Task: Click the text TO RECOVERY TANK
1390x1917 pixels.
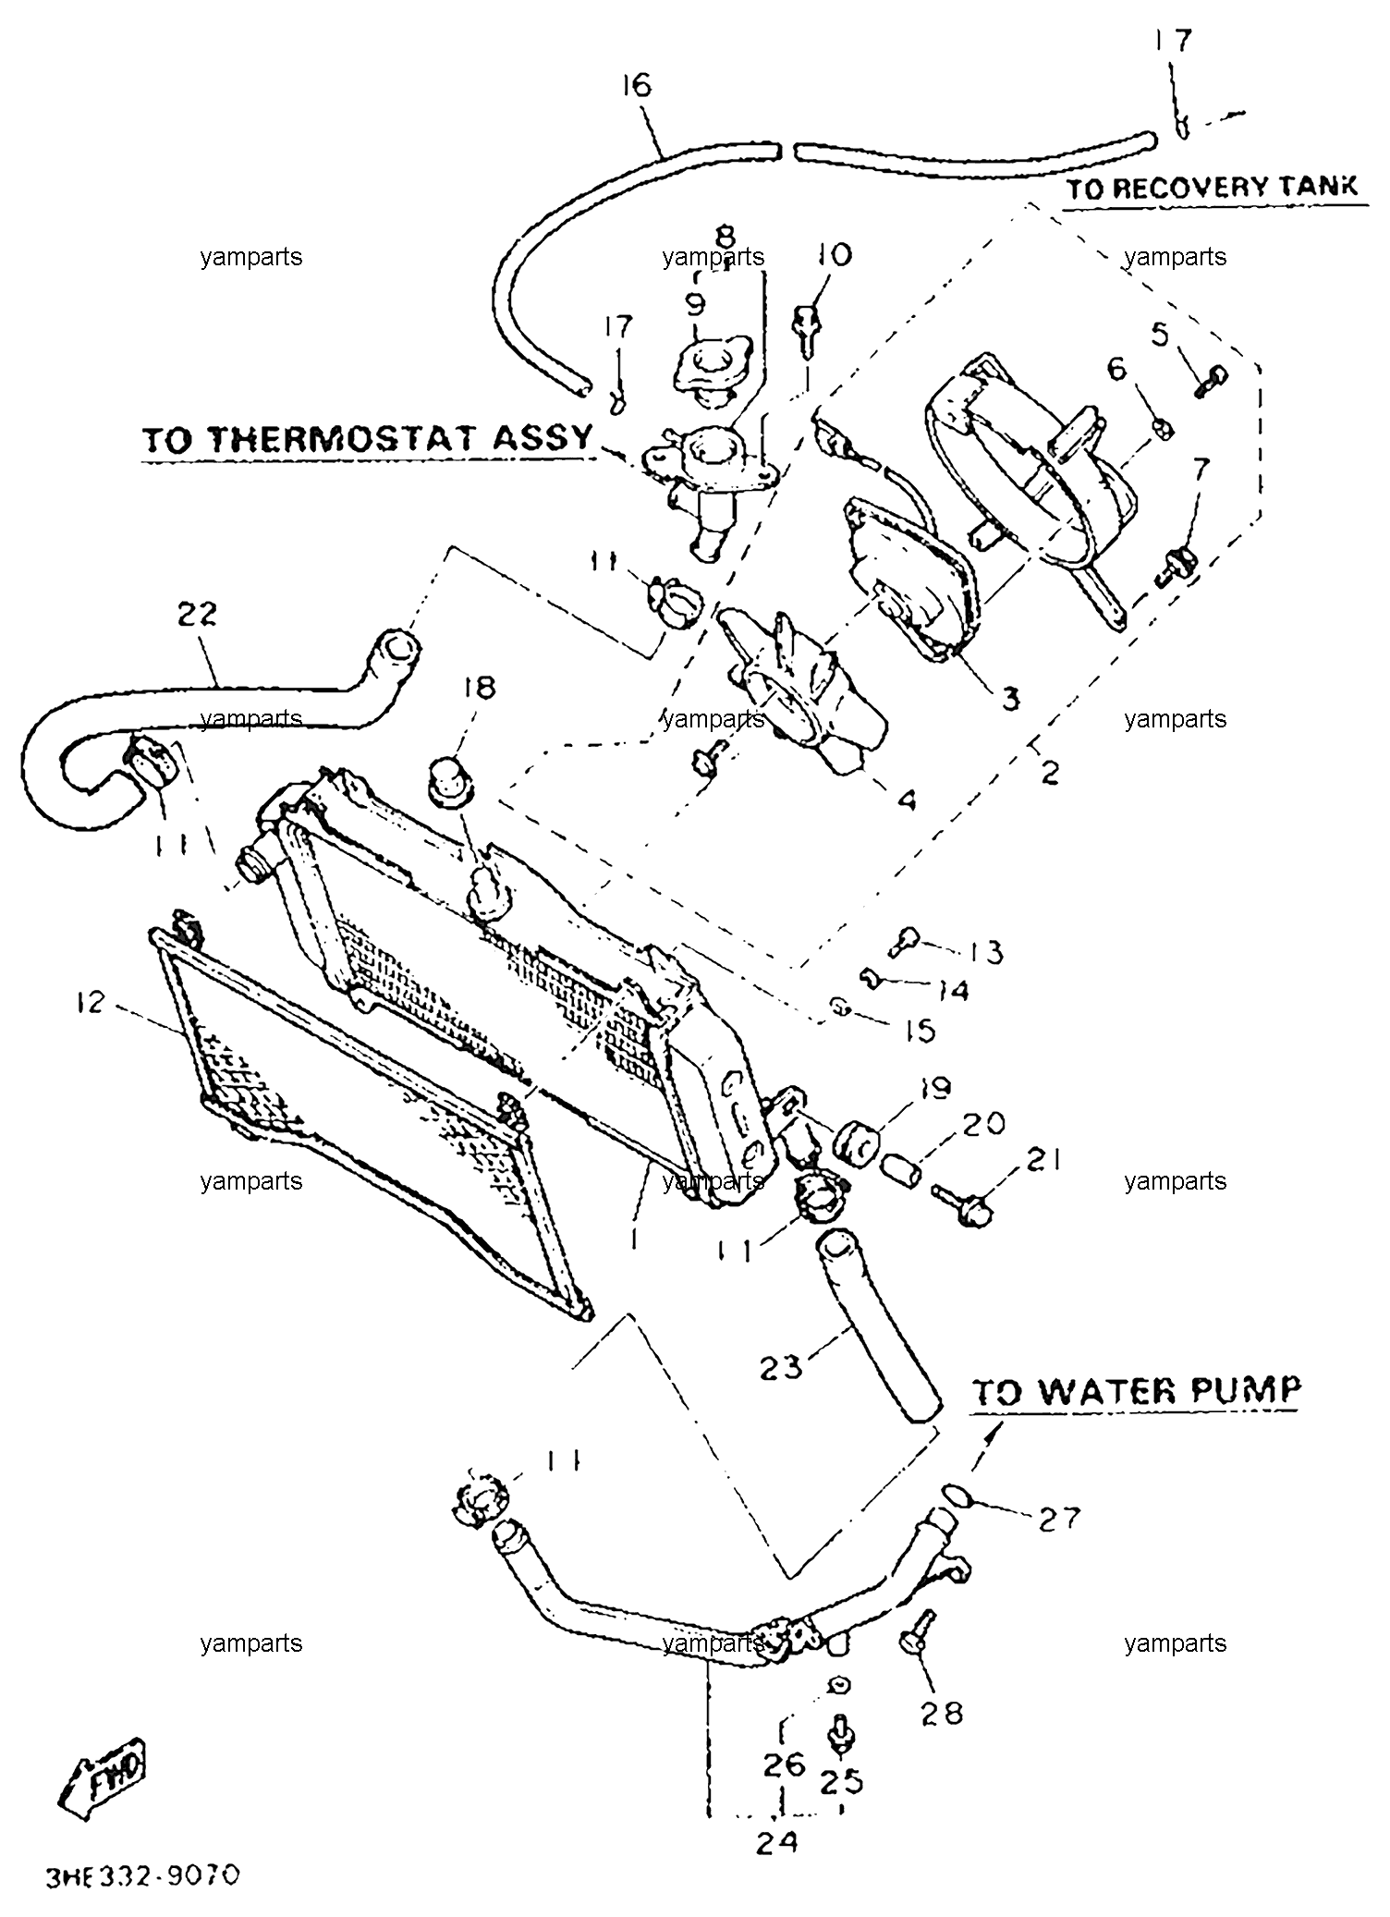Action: [x=1213, y=187]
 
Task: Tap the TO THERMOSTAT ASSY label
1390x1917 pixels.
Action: [x=367, y=438]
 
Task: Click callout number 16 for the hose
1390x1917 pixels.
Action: [x=636, y=86]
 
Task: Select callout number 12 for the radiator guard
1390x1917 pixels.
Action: [x=91, y=1001]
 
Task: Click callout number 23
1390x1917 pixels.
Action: [x=782, y=1365]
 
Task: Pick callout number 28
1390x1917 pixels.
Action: [x=941, y=1713]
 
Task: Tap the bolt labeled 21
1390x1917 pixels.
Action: [x=962, y=1205]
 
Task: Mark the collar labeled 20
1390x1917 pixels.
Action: [x=901, y=1171]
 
